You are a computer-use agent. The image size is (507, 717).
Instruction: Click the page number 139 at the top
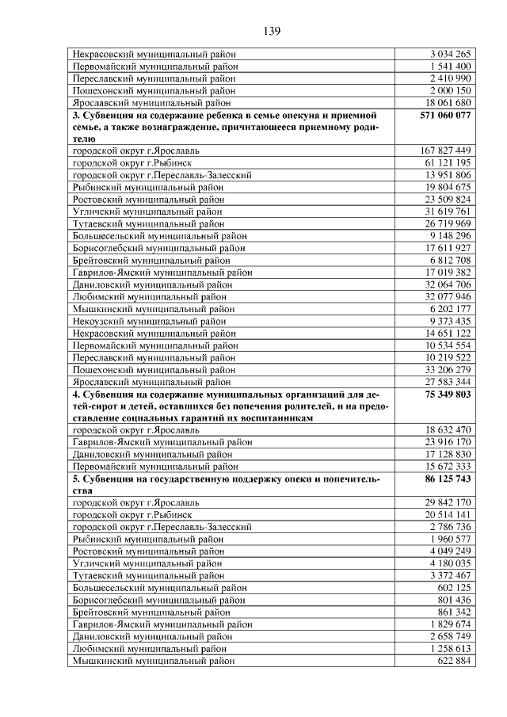tap(272, 32)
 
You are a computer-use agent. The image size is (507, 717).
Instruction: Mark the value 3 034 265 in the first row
tap(450, 54)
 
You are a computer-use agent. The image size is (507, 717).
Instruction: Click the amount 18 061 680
tap(448, 102)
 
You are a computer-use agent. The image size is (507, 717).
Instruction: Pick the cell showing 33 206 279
tap(448, 369)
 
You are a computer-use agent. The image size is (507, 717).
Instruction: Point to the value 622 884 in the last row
tap(454, 660)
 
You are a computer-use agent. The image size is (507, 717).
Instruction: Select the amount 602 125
tap(454, 588)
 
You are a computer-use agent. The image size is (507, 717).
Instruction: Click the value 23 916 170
tap(448, 442)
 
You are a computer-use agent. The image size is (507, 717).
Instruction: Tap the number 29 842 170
tap(448, 502)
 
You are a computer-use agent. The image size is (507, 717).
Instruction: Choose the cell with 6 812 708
tap(450, 260)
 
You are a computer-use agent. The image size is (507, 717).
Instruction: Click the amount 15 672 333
tap(448, 467)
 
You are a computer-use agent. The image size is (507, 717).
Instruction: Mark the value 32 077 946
tap(448, 296)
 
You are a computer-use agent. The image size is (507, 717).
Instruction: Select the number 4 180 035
tap(450, 563)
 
